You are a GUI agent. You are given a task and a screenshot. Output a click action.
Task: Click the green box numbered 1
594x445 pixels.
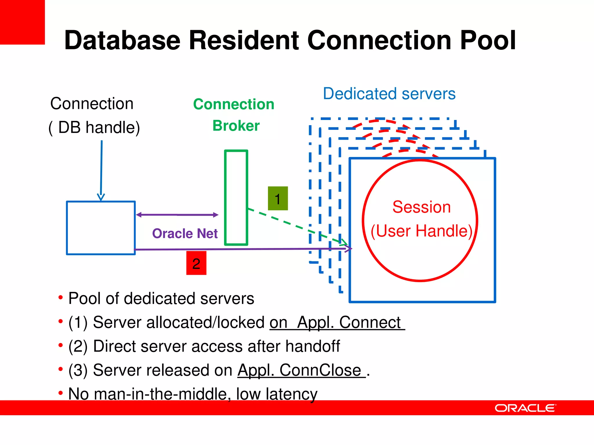coord(278,198)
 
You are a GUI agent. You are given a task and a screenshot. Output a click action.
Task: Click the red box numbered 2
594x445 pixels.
coord(196,263)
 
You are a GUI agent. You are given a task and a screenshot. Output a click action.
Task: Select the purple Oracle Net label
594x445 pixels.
coord(185,234)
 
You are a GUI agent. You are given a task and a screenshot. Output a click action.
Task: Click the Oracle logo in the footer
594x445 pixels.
coord(525,408)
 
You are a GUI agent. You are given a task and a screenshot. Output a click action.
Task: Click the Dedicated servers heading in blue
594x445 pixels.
coord(389,94)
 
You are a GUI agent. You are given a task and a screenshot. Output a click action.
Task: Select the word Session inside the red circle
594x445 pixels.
coord(421,207)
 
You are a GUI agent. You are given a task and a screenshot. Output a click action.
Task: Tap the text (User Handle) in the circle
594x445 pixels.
coord(421,231)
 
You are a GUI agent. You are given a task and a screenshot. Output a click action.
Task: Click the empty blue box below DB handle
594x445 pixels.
coord(101,228)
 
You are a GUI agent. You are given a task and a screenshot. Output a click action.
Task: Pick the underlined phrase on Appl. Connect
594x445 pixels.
coord(336,322)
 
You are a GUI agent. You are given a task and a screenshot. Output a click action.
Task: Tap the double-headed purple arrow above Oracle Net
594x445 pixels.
coord(177,215)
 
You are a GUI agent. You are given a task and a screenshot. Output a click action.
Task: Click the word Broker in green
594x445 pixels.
coord(236,126)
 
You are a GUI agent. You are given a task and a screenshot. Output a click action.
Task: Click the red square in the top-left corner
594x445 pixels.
coord(22,22)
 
